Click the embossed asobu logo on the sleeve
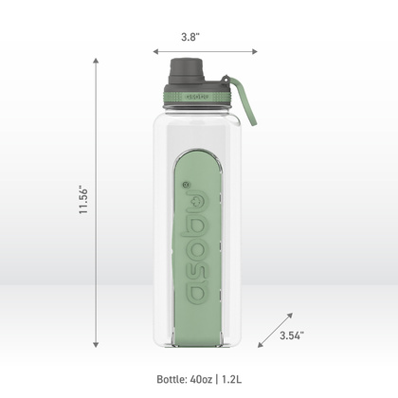[198, 242]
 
